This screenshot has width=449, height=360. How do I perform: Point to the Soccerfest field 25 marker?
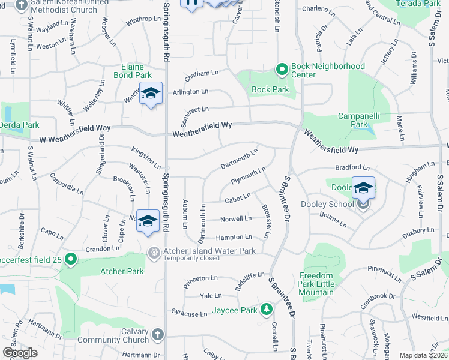[71, 259]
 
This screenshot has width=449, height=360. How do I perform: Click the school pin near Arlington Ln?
[151, 94]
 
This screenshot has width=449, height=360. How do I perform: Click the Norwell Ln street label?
[235, 219]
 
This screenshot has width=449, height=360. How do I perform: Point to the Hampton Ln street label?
[234, 238]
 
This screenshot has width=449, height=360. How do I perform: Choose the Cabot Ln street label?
[237, 199]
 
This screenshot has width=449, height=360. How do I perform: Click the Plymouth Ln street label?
[248, 176]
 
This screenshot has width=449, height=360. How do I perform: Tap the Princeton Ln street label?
[201, 278]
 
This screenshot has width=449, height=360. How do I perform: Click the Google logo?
[20, 353]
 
